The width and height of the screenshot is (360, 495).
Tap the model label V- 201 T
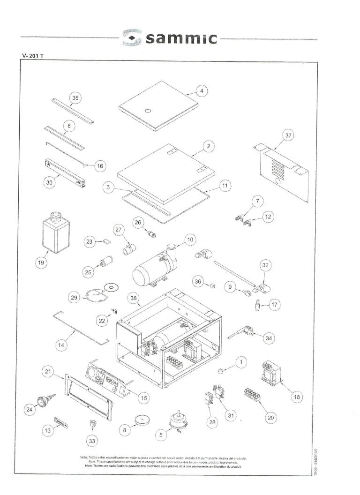33,56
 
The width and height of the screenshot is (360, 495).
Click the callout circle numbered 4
201,91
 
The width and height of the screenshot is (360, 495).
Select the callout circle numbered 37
288,136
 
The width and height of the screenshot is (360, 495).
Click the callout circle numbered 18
296,397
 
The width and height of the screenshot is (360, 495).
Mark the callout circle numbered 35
75,98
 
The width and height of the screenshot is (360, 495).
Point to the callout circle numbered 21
48,372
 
